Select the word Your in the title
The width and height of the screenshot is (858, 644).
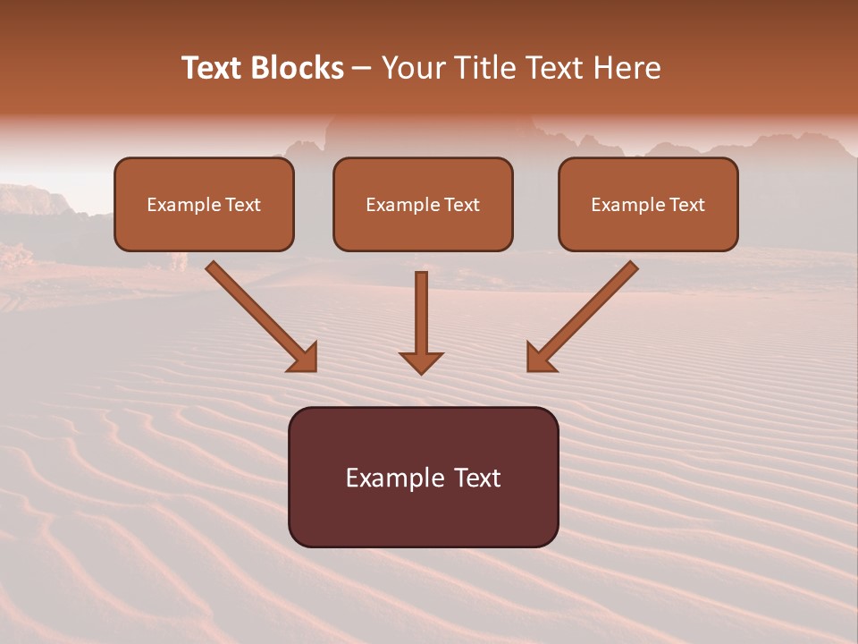point(408,68)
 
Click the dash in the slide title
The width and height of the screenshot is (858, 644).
point(362,69)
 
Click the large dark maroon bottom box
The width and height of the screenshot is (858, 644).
point(423,510)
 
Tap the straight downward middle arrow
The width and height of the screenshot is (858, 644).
point(421,313)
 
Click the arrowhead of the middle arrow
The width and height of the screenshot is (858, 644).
point(421,362)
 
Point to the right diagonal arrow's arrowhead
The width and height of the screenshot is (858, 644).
point(539,359)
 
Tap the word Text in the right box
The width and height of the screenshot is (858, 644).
point(687,205)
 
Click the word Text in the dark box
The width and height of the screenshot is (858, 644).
point(478,478)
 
